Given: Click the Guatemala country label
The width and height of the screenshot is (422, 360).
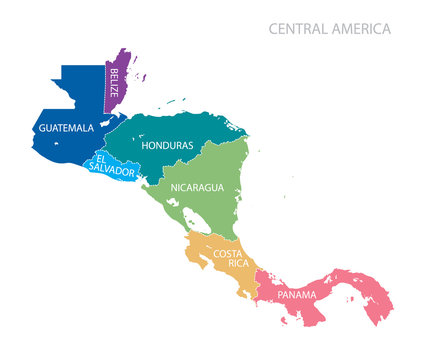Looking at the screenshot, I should coord(66,129).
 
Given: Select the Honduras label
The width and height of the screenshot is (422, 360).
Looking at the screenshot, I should coord(168,146).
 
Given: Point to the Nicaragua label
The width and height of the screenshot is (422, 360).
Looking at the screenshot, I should coord(197,187).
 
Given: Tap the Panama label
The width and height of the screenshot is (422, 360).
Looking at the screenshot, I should coord(297,295).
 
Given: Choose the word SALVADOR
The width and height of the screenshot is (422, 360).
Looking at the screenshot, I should coord(114,172).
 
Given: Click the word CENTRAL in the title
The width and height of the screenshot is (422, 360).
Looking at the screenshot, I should coord(302,28).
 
